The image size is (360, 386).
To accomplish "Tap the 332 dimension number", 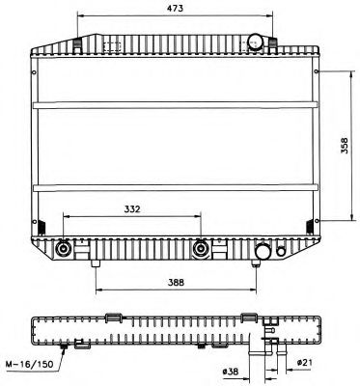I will (x=133, y=207).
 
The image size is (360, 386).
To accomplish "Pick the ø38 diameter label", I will (x=230, y=371).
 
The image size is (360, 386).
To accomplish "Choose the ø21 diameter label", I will (x=304, y=362).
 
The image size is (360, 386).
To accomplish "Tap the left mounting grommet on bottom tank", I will (x=64, y=249).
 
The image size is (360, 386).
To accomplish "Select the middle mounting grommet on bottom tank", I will (x=202, y=249).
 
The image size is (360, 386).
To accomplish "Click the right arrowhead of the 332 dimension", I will (x=200, y=217).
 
